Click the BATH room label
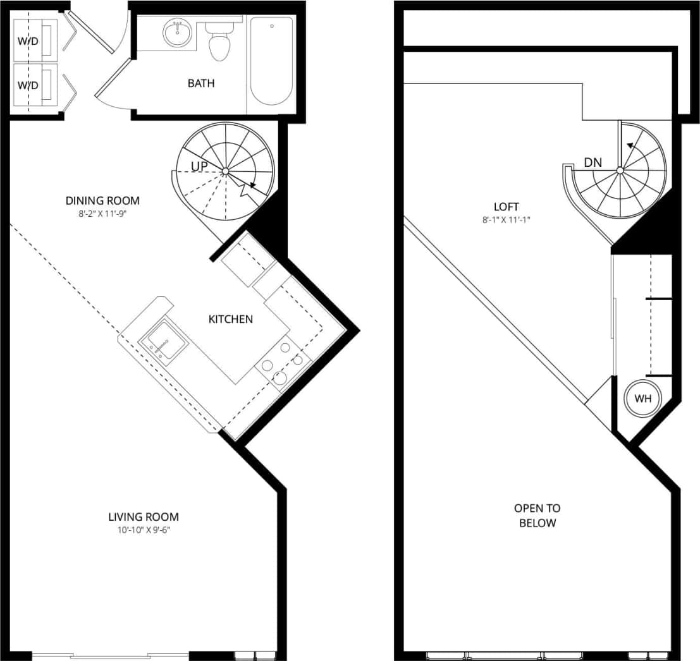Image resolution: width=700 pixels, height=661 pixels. click(x=200, y=83)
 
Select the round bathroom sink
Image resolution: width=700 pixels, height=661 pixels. click(x=176, y=33)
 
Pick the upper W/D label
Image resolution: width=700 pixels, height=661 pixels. click(x=27, y=42)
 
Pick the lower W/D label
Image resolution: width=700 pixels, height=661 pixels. click(x=27, y=85)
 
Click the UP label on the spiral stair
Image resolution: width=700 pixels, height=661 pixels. click(x=202, y=166)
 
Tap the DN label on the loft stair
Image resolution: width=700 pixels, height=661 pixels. click(x=593, y=162)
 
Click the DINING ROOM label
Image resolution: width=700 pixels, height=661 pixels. click(x=102, y=200)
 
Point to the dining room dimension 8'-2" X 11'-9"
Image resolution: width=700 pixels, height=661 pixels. click(x=102, y=213)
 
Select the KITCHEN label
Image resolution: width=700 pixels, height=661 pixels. click(x=231, y=319)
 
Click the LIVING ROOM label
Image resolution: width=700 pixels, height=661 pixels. click(x=144, y=516)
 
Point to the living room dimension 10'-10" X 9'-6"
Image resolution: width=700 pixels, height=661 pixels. click(x=144, y=530)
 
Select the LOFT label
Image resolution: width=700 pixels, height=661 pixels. click(x=507, y=207)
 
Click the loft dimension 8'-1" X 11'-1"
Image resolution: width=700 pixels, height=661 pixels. click(x=507, y=220)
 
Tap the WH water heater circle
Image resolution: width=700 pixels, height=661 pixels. click(x=642, y=399)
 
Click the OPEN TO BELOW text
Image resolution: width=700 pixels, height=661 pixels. click(x=537, y=515)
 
